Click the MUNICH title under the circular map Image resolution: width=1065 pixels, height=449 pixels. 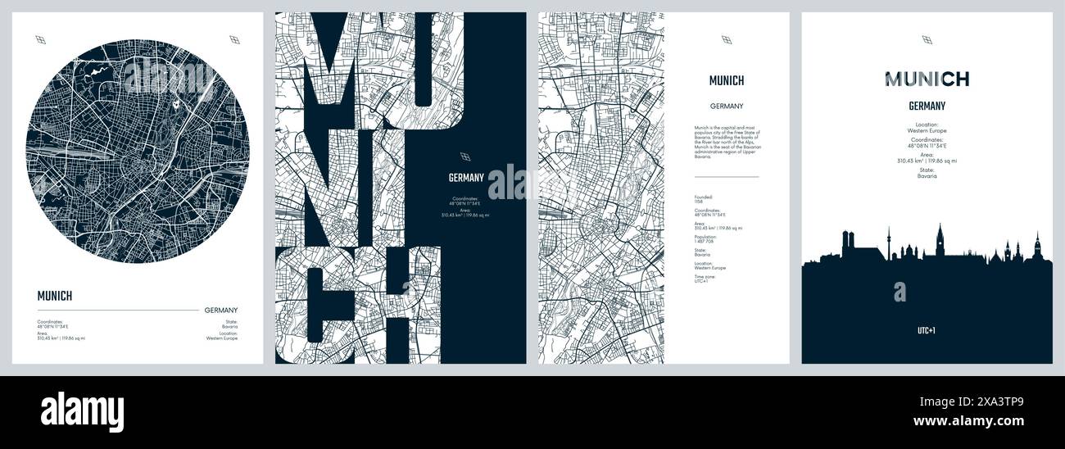coord(55,296)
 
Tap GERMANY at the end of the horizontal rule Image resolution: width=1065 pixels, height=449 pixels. coord(221,310)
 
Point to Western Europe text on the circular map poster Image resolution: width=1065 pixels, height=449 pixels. coord(222,338)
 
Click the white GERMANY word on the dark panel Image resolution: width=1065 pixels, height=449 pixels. coord(466,177)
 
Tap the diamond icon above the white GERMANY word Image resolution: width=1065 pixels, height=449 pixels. coord(465,156)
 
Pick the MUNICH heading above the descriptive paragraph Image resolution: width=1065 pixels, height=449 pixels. coord(726,80)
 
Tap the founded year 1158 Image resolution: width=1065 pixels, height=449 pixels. coord(698,202)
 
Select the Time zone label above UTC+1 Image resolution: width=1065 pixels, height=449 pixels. coord(705,276)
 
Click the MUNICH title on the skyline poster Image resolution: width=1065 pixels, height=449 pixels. coord(927,79)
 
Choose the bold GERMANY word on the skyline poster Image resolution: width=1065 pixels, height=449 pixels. coord(927,106)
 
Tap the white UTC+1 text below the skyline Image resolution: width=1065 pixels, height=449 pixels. coord(927,331)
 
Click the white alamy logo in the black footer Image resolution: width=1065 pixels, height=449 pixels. coord(82,411)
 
